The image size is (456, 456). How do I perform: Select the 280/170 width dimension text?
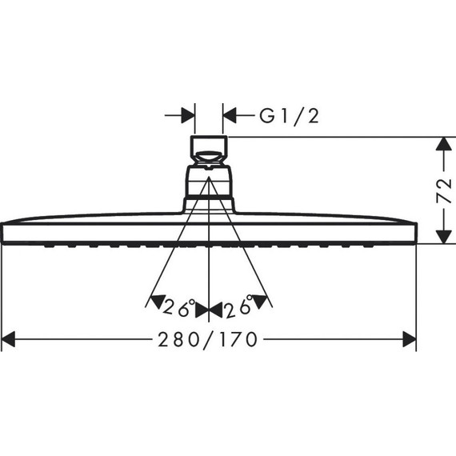point(209,340)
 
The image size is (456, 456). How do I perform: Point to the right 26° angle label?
point(238,306)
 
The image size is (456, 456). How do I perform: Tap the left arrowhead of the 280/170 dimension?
point(10,340)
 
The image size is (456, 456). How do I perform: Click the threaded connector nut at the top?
point(209,149)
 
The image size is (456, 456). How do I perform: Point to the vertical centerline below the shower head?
point(209,272)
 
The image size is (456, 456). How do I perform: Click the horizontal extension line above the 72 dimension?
point(336,136)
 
